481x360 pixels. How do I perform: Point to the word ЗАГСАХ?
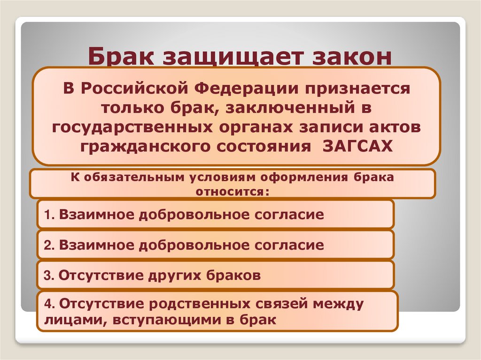coord(358,146)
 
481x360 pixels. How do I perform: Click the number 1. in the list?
coord(50,215)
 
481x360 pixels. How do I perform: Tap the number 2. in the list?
coord(50,245)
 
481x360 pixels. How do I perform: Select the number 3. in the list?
coord(50,276)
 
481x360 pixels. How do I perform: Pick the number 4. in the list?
coord(50,304)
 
